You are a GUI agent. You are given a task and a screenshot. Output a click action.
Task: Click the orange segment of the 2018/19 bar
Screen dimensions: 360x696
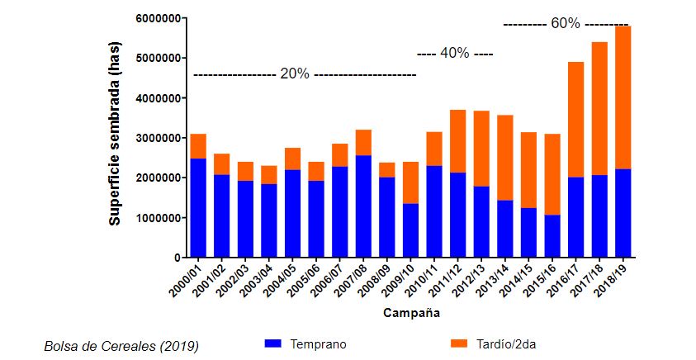pyautogui.click(x=623, y=97)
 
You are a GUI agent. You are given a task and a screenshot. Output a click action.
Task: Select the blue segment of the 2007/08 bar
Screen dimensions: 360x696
pyautogui.click(x=363, y=206)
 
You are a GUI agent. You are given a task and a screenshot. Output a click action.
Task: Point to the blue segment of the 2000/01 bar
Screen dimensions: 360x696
pyautogui.click(x=197, y=208)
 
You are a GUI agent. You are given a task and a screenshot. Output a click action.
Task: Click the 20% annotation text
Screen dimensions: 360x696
pyautogui.click(x=295, y=73)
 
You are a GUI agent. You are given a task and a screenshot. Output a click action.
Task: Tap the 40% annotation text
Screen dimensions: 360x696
pyautogui.click(x=454, y=54)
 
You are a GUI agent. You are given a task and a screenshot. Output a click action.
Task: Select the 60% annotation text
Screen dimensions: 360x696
pyautogui.click(x=566, y=23)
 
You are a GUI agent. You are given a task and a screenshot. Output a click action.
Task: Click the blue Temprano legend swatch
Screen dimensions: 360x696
pyautogui.click(x=273, y=343)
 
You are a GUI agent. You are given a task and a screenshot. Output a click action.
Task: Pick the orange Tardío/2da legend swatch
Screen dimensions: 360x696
pyautogui.click(x=460, y=343)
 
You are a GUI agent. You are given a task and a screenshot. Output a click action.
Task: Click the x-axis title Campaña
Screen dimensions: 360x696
pyautogui.click(x=410, y=314)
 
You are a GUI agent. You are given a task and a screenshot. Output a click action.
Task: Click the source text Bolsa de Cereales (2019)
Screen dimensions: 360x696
pyautogui.click(x=121, y=346)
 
